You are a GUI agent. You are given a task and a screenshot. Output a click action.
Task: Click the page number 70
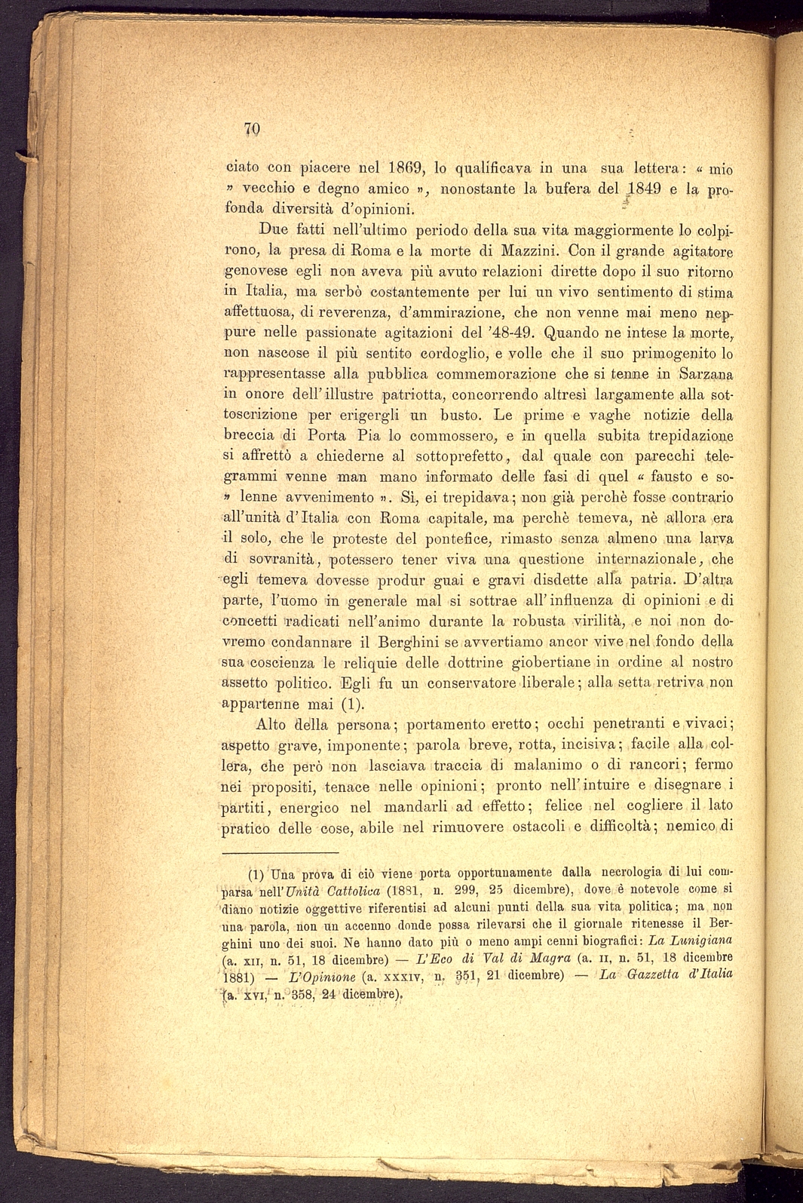(x=252, y=128)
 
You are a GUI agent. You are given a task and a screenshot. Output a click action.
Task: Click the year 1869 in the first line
(x=408, y=167)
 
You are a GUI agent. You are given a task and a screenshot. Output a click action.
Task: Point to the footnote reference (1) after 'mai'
(x=353, y=704)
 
